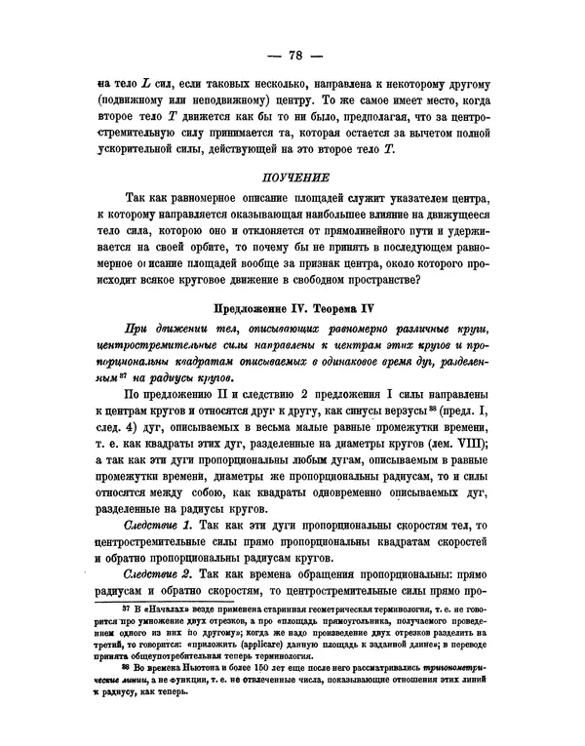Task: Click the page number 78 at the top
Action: pos(292,53)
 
